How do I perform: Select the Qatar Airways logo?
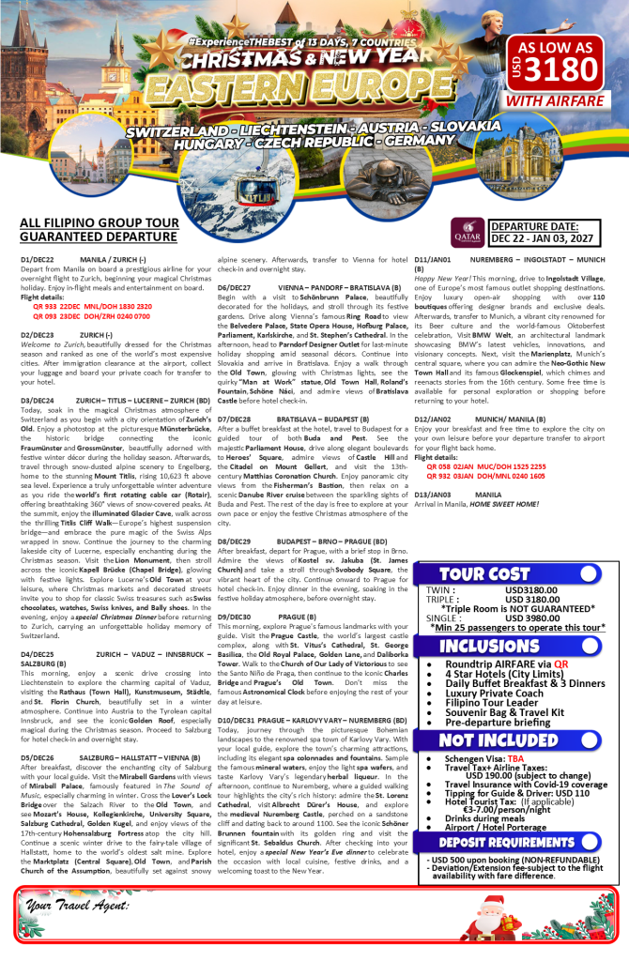point(468,230)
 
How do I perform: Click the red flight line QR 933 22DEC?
point(85,306)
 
